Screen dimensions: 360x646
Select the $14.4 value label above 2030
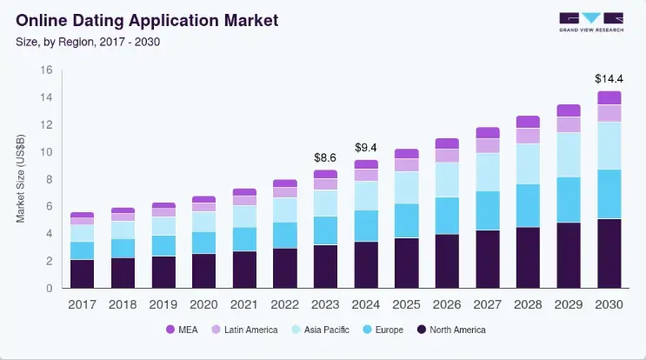609,78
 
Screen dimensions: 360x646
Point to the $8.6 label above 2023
325,157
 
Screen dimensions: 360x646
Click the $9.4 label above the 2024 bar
366,147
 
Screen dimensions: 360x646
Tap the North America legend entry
451,330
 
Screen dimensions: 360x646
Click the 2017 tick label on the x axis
82,303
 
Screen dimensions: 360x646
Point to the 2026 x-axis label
447,303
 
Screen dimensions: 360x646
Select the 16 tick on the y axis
47,70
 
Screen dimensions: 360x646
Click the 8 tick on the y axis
50,179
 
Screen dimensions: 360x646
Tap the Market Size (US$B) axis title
21,178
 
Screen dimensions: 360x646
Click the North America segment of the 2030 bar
609,253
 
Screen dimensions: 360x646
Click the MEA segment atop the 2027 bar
487,132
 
